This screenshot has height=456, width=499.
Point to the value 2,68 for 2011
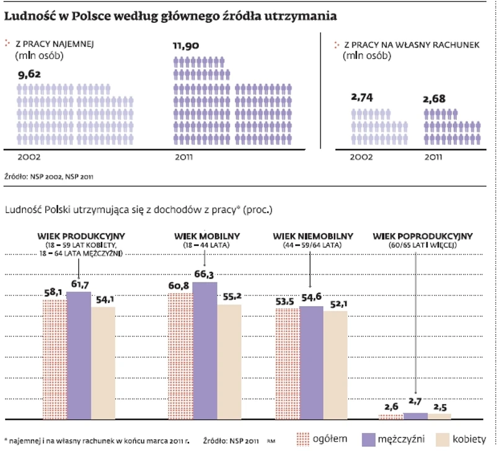(x=436, y=99)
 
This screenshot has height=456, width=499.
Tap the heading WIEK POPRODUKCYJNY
(x=423, y=236)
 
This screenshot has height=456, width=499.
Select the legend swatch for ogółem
(x=301, y=439)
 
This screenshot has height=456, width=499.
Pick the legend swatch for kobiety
(x=441, y=439)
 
